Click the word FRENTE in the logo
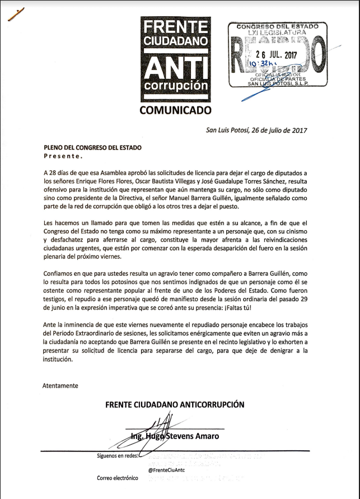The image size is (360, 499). pyautogui.click(x=176, y=27)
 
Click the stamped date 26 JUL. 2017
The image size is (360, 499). pyautogui.click(x=275, y=55)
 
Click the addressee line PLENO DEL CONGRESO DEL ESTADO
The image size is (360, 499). pyautogui.click(x=92, y=147)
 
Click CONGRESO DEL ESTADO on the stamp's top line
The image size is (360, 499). pyautogui.click(x=277, y=26)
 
